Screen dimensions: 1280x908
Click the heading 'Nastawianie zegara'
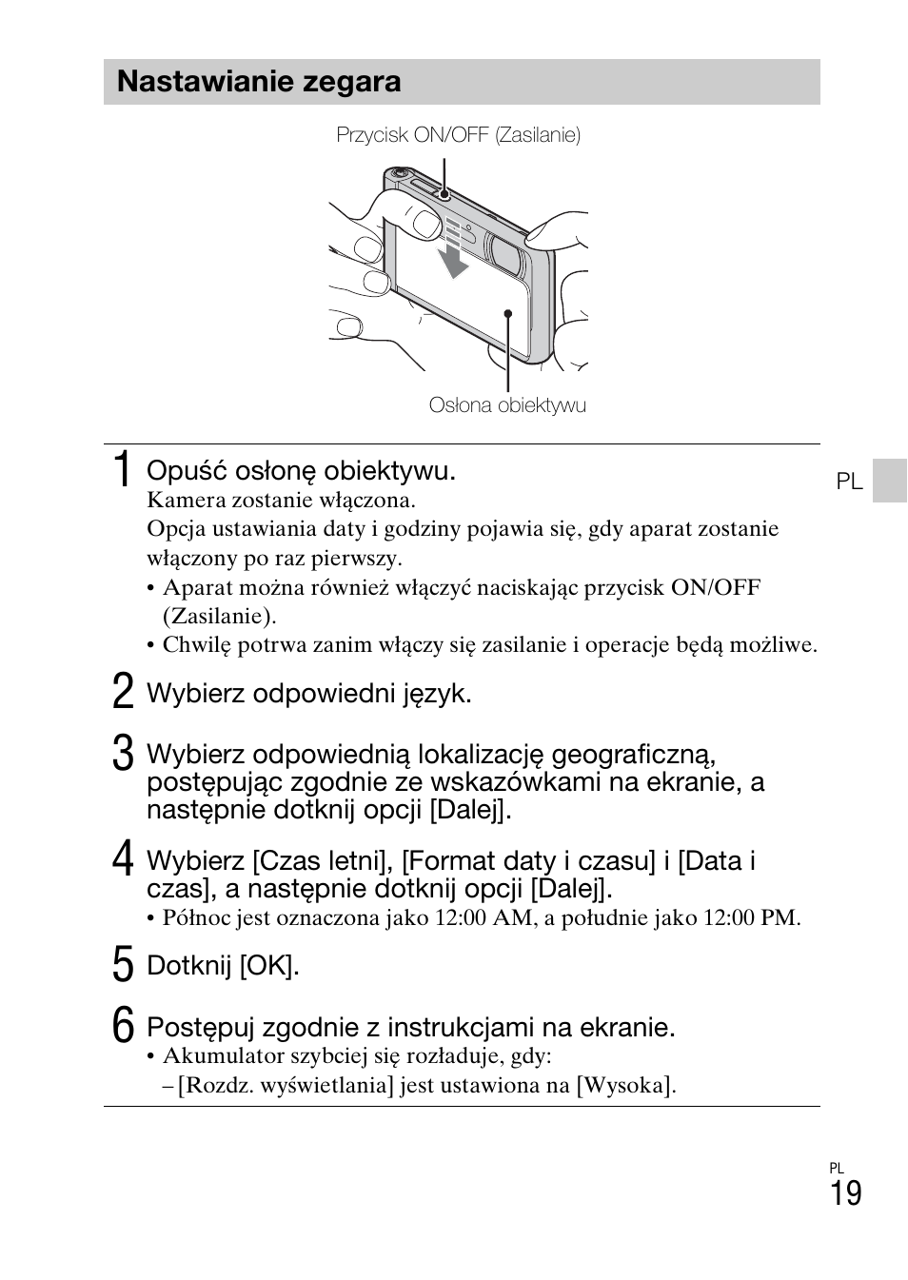pyautogui.click(x=259, y=82)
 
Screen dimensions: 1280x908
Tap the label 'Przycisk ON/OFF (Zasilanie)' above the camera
pyautogui.click(x=458, y=135)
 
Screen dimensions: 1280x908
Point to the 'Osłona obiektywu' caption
pyautogui.click(x=507, y=405)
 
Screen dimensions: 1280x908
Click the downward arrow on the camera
pyautogui.click(x=453, y=251)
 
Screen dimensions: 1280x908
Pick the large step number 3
pyautogui.click(x=122, y=754)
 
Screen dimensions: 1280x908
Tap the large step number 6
pyautogui.click(x=122, y=1026)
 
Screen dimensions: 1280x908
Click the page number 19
pyautogui.click(x=845, y=1193)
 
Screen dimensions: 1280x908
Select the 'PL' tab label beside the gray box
pyautogui.click(x=849, y=482)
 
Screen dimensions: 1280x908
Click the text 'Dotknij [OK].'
pyautogui.click(x=223, y=966)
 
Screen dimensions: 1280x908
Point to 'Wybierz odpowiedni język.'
pyautogui.click(x=308, y=694)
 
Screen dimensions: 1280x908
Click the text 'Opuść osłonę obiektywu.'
pyautogui.click(x=301, y=471)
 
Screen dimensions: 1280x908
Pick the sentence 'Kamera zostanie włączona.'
pyautogui.click(x=281, y=500)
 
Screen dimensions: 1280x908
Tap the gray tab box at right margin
pyautogui.click(x=890, y=480)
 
